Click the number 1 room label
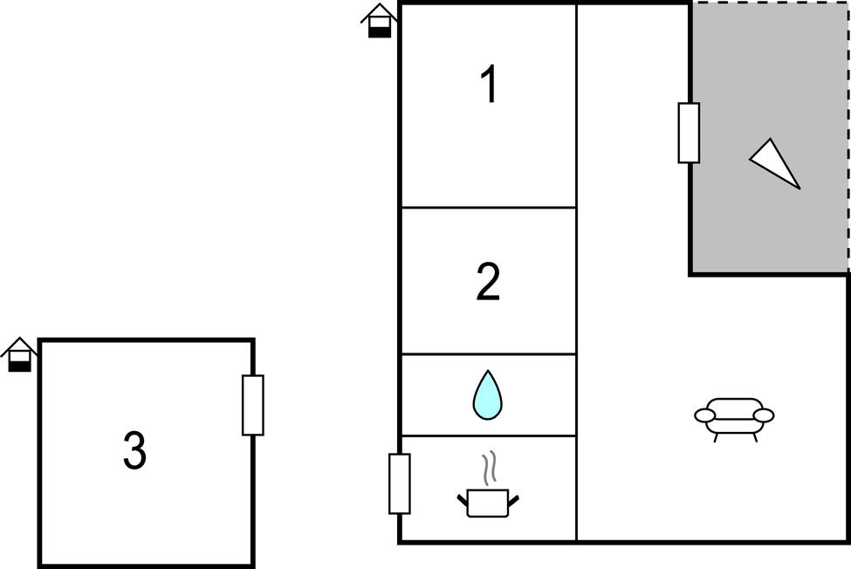[490, 83]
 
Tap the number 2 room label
[488, 281]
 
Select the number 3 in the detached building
[134, 449]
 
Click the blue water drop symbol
[487, 395]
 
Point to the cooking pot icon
[488, 503]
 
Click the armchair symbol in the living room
[734, 419]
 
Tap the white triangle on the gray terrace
[775, 163]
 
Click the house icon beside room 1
[380, 21]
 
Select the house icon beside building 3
[19, 354]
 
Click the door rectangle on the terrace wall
[689, 133]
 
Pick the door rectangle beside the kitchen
[400, 483]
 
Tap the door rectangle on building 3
[253, 405]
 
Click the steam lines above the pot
[490, 468]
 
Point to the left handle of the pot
[463, 501]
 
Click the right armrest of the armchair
[764, 415]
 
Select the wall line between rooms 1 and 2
[489, 207]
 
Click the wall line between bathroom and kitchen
[489, 435]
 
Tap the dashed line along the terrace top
[770, 3]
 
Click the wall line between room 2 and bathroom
[489, 354]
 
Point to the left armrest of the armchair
[705, 415]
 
